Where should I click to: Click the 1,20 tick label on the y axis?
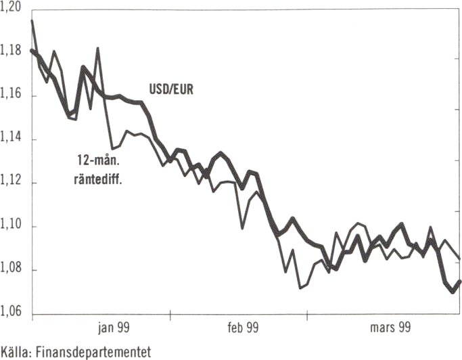click(x=12, y=7)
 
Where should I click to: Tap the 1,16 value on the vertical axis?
click(x=12, y=96)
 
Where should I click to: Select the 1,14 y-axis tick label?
click(x=12, y=139)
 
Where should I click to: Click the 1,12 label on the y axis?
click(x=12, y=183)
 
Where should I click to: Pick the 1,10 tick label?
click(x=12, y=226)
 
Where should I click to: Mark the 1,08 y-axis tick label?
click(x=12, y=270)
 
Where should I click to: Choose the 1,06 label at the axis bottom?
click(x=12, y=313)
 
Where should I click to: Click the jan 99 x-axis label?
click(x=113, y=328)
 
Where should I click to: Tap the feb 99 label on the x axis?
click(x=242, y=328)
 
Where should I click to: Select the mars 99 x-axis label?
click(x=388, y=328)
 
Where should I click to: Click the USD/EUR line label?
click(x=170, y=89)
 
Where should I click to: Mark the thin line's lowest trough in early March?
click(x=300, y=288)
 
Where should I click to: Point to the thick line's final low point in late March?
click(x=453, y=292)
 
